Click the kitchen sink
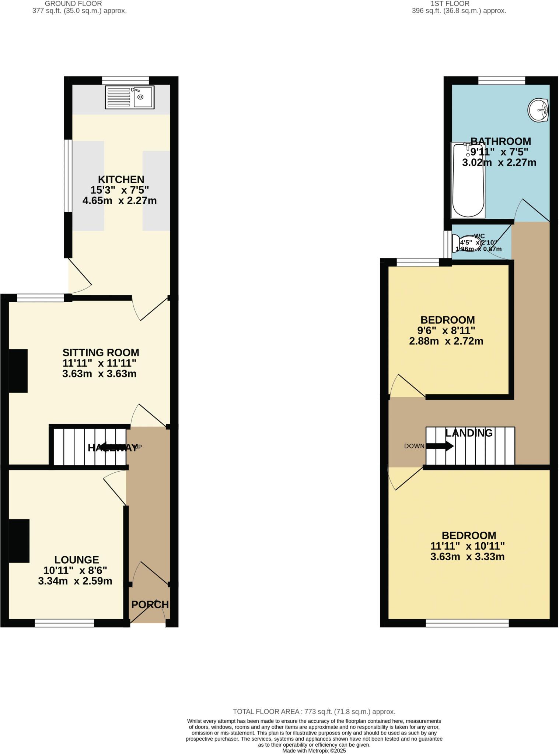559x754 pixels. tap(129, 97)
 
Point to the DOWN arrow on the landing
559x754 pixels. tap(440, 446)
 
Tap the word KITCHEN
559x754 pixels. tap(121, 180)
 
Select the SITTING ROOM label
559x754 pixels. tap(101, 352)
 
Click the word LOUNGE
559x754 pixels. tap(77, 560)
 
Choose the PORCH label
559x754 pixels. tap(150, 605)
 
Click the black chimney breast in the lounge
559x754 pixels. tap(19, 540)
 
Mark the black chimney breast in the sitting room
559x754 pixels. tap(18, 370)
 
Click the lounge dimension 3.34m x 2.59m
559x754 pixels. tap(75, 581)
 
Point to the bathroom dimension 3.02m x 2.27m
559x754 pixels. tap(499, 162)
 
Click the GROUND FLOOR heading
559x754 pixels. tap(73, 4)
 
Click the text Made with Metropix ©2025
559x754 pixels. tap(314, 751)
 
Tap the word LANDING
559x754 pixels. tap(469, 433)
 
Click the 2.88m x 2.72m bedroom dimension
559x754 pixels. tap(446, 341)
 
